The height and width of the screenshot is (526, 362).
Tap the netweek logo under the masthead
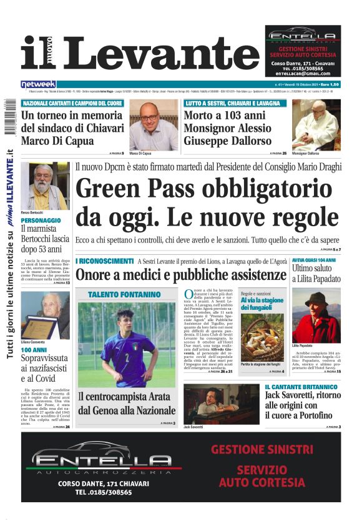[38, 84]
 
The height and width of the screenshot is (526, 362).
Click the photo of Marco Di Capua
[153, 125]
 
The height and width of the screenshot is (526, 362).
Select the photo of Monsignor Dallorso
[316, 125]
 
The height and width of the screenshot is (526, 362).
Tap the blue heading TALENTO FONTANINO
[124, 294]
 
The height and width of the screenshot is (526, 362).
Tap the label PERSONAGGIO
[41, 221]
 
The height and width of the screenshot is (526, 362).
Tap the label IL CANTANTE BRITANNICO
[301, 387]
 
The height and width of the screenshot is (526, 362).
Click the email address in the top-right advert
[302, 73]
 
